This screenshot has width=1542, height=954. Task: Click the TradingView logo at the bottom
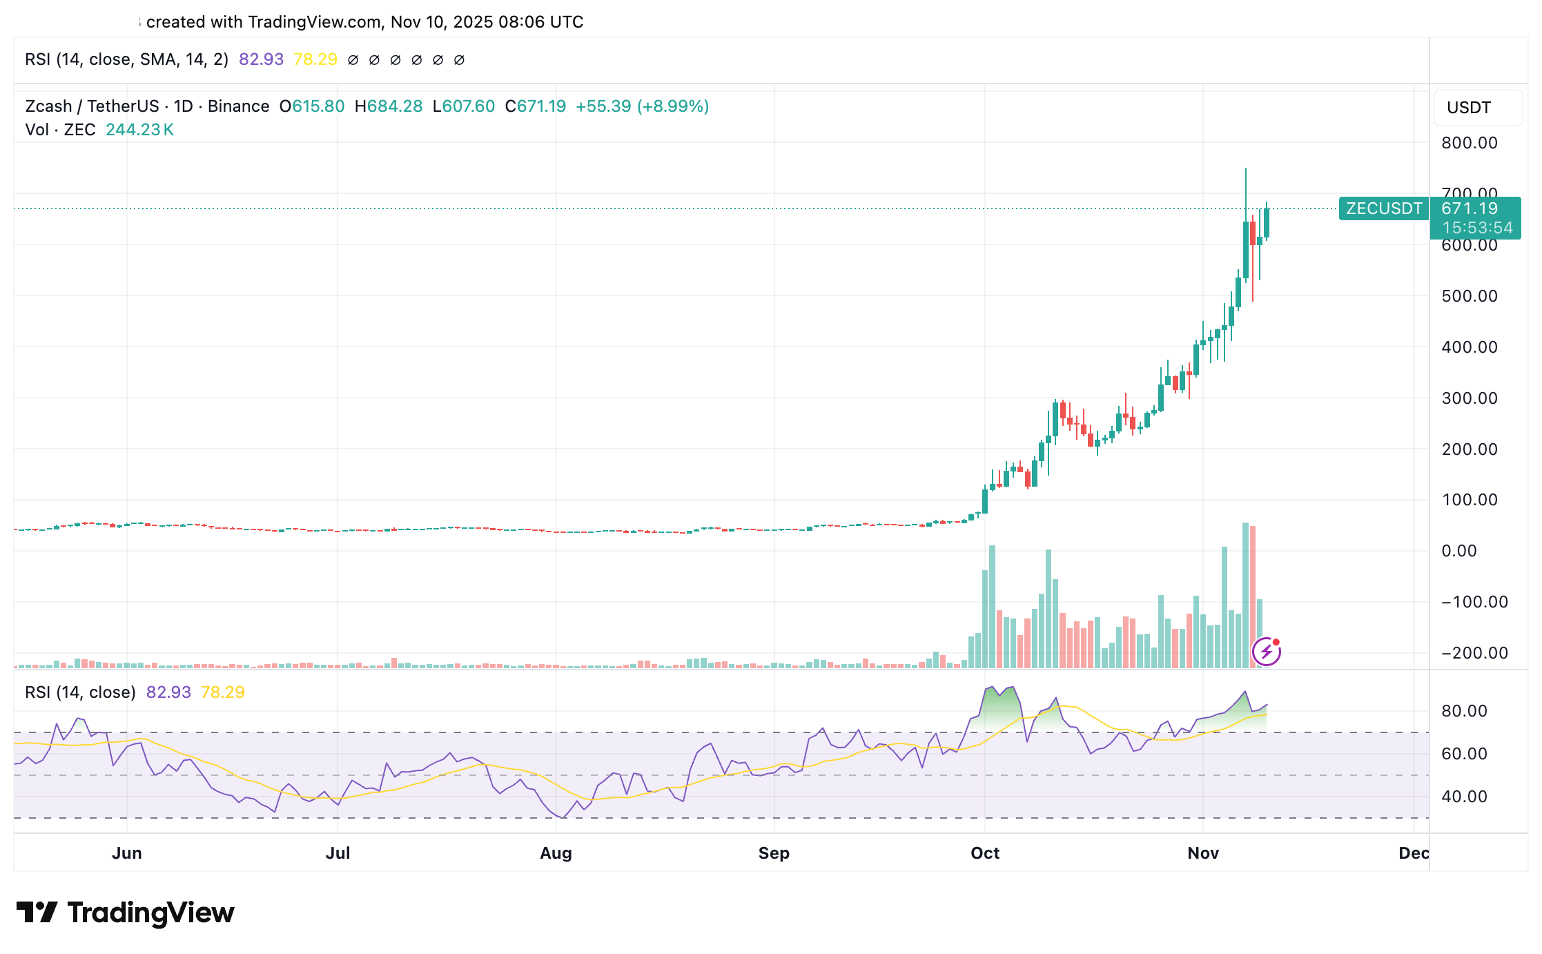pyautogui.click(x=125, y=913)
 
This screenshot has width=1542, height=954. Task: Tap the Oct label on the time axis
pyautogui.click(x=984, y=853)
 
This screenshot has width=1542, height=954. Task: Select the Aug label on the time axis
pyautogui.click(x=556, y=853)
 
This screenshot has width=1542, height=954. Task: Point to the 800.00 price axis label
pyautogui.click(x=1469, y=143)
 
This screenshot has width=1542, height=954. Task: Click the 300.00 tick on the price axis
pyautogui.click(x=1469, y=398)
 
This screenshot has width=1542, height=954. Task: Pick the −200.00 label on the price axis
pyautogui.click(x=1474, y=653)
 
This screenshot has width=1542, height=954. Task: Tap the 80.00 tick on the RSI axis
pyautogui.click(x=1464, y=711)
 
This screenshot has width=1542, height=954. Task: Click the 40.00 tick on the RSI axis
pyautogui.click(x=1464, y=797)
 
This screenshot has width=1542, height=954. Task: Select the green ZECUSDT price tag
pyautogui.click(x=1383, y=208)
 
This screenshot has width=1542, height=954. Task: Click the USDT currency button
pyautogui.click(x=1468, y=108)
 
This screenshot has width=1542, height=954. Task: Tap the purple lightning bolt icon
pyautogui.click(x=1266, y=651)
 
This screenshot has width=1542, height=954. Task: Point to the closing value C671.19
pyautogui.click(x=535, y=106)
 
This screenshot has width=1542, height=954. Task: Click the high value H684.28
pyautogui.click(x=388, y=106)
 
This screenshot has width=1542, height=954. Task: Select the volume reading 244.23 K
pyautogui.click(x=139, y=130)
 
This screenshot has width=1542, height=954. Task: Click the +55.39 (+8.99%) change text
pyautogui.click(x=642, y=106)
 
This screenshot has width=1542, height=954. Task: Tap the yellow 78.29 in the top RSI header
pyautogui.click(x=315, y=59)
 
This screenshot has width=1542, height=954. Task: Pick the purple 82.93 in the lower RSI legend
pyautogui.click(x=168, y=692)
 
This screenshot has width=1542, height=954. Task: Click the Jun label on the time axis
pyautogui.click(x=127, y=853)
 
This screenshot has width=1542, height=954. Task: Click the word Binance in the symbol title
pyautogui.click(x=238, y=106)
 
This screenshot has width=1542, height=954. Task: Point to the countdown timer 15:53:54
pyautogui.click(x=1476, y=228)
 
